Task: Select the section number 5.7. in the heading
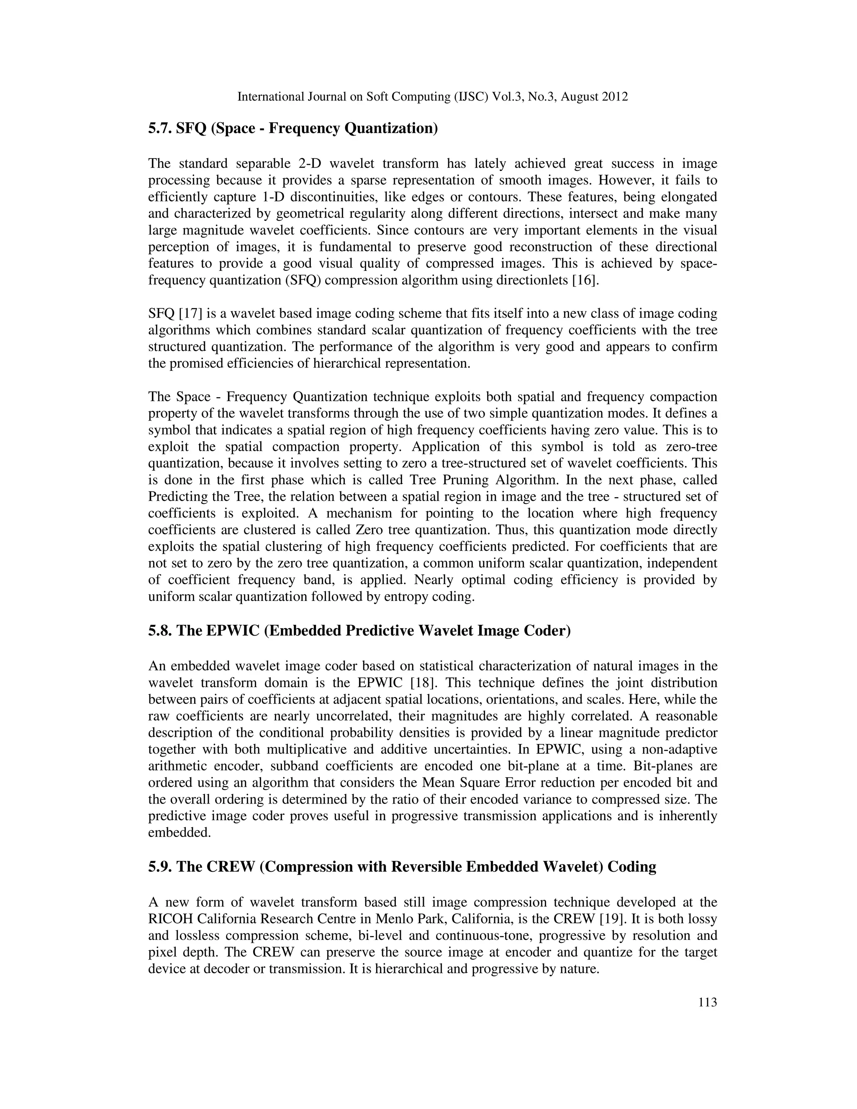click(160, 128)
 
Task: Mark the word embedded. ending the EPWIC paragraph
click(179, 832)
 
